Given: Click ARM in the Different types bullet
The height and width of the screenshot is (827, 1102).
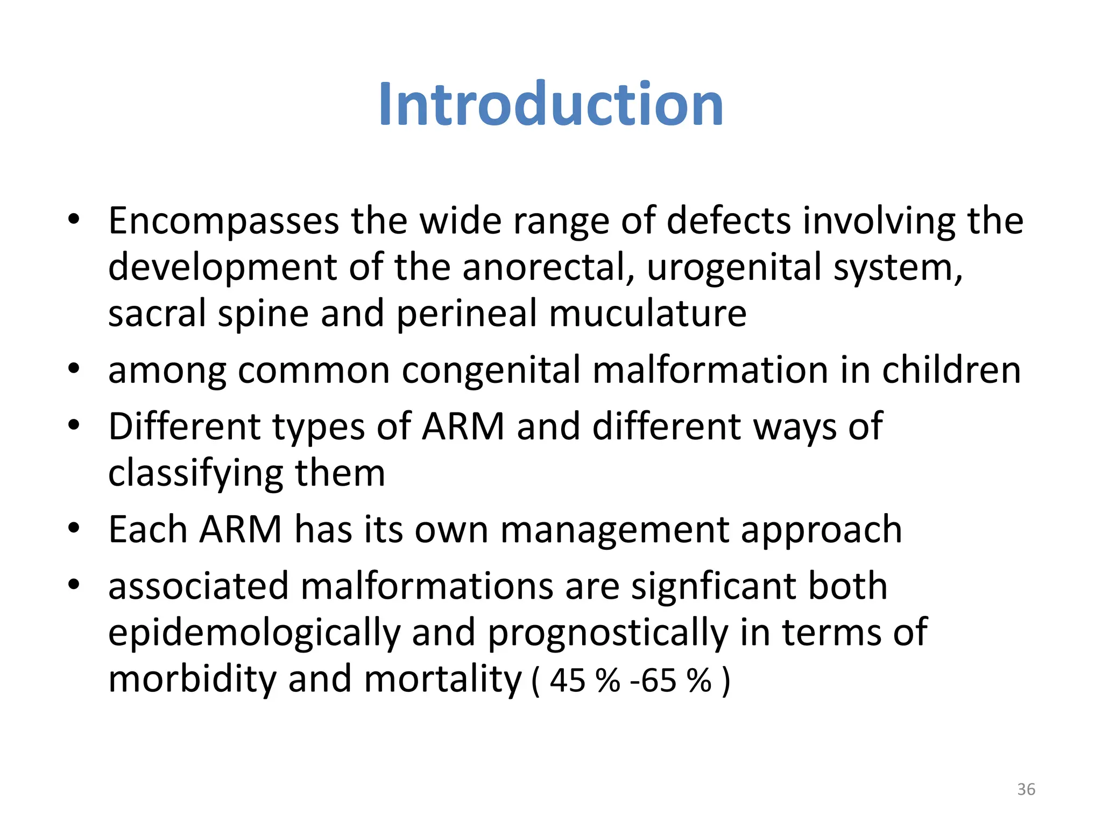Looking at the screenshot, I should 463,426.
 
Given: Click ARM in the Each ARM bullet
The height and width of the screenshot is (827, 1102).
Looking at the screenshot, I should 241,530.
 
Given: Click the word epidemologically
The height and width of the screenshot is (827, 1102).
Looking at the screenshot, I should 254,633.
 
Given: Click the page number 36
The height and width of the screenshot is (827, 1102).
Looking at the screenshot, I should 1026,789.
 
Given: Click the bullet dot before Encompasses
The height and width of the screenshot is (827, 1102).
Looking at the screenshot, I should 74,219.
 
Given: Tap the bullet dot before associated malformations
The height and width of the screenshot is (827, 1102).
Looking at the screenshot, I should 74,584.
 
